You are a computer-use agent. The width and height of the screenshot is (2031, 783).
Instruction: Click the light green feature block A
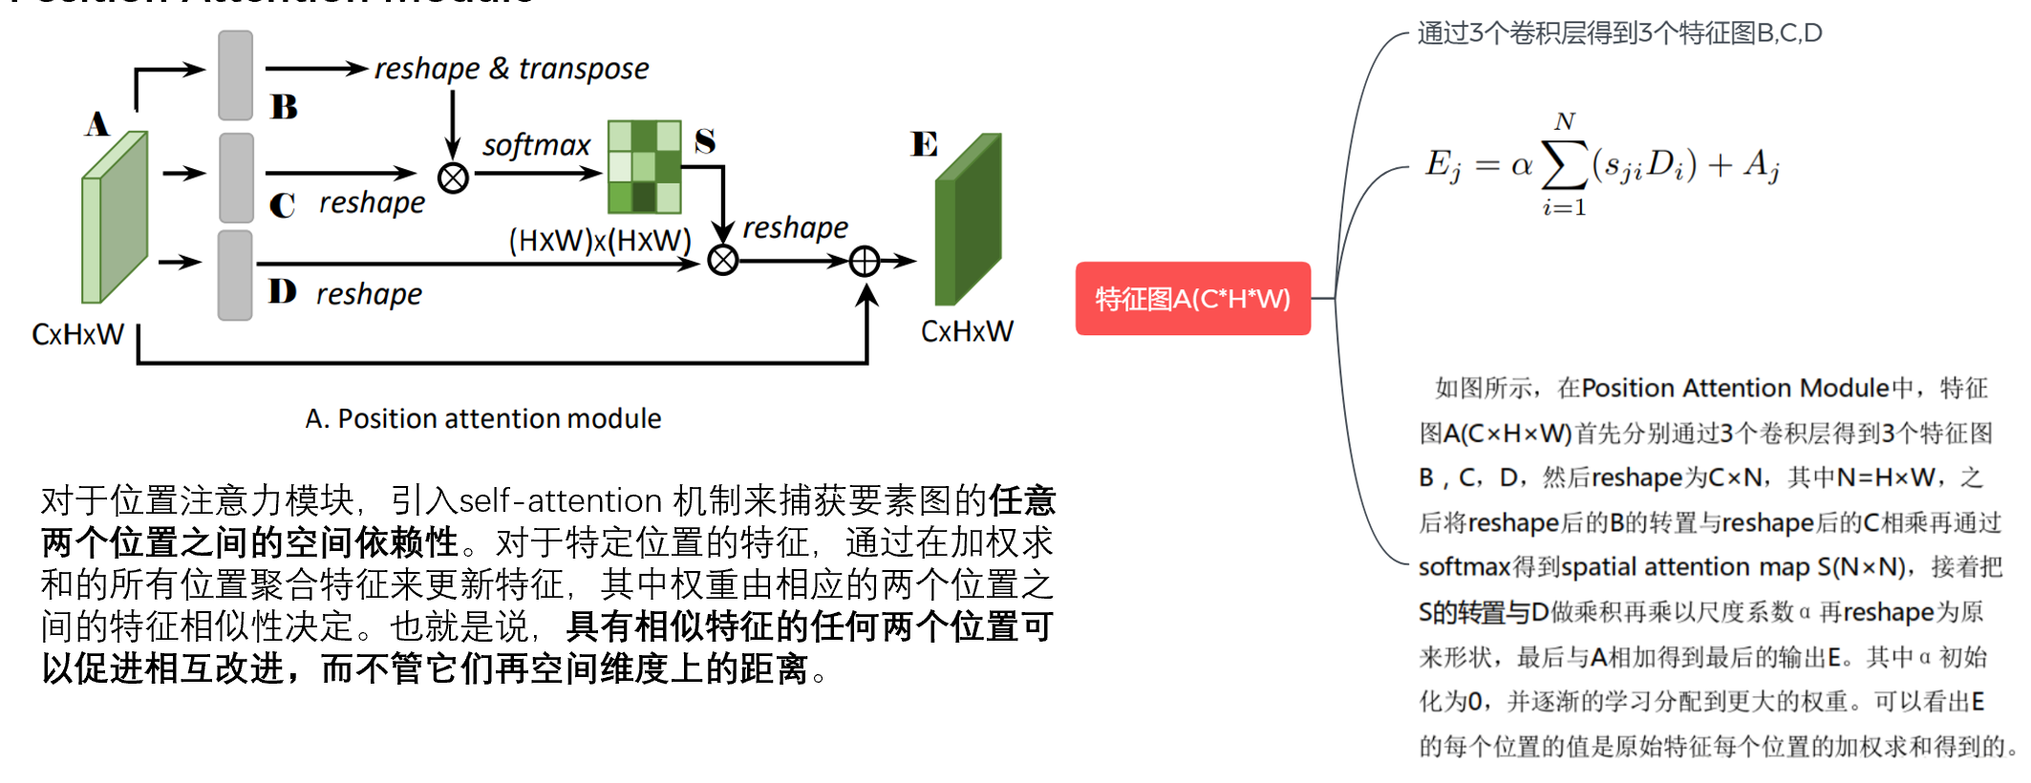(115, 218)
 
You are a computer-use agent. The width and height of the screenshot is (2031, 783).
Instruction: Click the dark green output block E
(968, 220)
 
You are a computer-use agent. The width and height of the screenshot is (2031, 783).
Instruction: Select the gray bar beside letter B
(235, 75)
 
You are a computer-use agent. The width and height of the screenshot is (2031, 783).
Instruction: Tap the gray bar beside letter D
(235, 275)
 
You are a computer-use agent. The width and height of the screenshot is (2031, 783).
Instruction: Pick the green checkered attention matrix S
(645, 167)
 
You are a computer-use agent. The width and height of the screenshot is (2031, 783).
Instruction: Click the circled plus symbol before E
(865, 261)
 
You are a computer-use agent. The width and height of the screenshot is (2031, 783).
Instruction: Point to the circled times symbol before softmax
(453, 178)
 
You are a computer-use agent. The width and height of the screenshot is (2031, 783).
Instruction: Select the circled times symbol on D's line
(723, 260)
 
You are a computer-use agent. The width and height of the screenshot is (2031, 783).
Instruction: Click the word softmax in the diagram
(536, 145)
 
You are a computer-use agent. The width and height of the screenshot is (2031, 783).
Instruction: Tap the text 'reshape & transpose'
(511, 69)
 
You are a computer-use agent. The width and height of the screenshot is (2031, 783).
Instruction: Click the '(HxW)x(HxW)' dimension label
(600, 240)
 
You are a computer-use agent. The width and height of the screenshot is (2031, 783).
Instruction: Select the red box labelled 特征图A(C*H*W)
(1192, 299)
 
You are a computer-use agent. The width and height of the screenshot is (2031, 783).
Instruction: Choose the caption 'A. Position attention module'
(482, 418)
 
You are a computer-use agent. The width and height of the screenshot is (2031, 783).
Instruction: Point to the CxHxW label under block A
(77, 334)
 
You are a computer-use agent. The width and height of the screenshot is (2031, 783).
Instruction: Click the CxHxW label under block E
(967, 331)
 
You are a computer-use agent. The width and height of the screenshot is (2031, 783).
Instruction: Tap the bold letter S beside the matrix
(705, 141)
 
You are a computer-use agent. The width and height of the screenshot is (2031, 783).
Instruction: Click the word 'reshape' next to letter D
(369, 294)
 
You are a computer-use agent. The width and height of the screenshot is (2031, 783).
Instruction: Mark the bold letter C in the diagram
(282, 205)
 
